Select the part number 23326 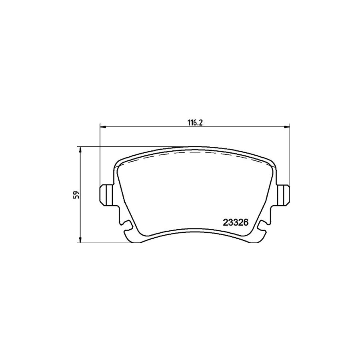pyautogui.click(x=236, y=221)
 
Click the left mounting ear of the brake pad pyautogui.click(x=105, y=194)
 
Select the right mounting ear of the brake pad pyautogui.click(x=284, y=194)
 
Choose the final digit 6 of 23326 pyautogui.click(x=247, y=221)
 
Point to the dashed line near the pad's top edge pyautogui.click(x=192, y=153)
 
